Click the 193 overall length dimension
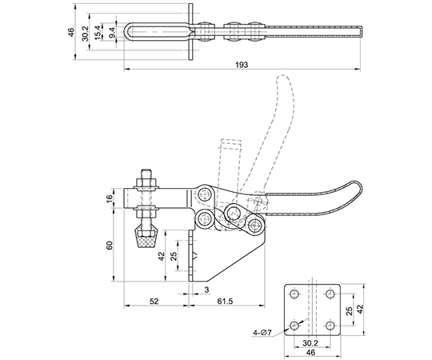pyautogui.click(x=242, y=65)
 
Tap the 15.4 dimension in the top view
pyautogui.click(x=98, y=32)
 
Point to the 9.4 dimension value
pyautogui.click(x=112, y=32)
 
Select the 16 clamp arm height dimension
pyautogui.click(x=110, y=198)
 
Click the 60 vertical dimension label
pyautogui.click(x=110, y=245)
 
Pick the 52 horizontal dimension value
pyautogui.click(x=154, y=301)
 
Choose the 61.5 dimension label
pyautogui.click(x=225, y=301)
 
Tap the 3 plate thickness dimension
pyautogui.click(x=207, y=290)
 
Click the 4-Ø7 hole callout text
pyautogui.click(x=262, y=333)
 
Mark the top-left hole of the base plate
pyautogui.click(x=294, y=294)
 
